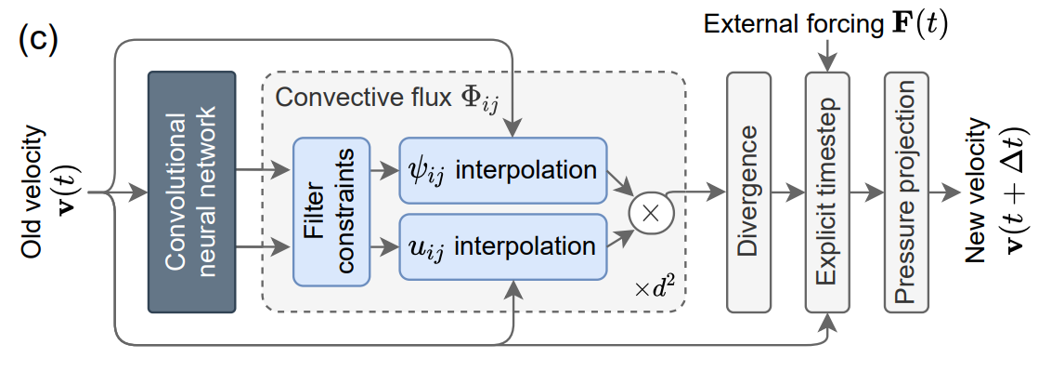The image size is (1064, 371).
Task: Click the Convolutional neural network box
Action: (192, 192)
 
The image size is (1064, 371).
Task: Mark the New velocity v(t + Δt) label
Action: (1002, 192)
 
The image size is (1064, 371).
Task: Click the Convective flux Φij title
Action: (387, 99)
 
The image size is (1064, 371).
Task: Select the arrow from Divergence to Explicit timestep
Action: (792, 192)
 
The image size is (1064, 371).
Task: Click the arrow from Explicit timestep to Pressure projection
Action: (870, 192)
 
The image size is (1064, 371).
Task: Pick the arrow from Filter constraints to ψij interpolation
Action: (384, 171)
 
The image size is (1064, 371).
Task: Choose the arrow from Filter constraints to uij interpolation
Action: (384, 247)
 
